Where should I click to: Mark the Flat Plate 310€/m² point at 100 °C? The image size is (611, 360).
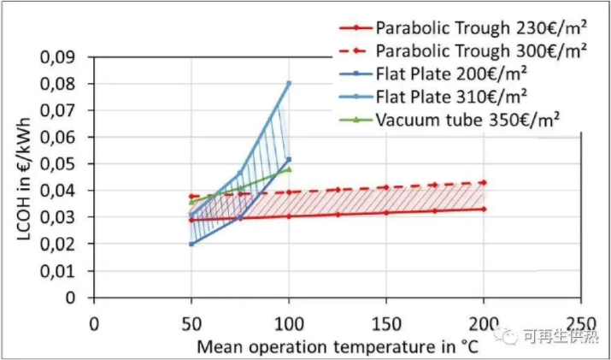[x=289, y=83]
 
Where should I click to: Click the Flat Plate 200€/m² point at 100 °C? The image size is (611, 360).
[x=289, y=159]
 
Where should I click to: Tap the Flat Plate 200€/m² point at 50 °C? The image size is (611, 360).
[x=191, y=244]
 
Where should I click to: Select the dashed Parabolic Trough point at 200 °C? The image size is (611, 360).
[x=484, y=182]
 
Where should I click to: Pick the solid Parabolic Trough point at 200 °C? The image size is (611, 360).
[x=484, y=209]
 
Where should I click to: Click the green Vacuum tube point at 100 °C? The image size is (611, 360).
[x=289, y=168]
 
